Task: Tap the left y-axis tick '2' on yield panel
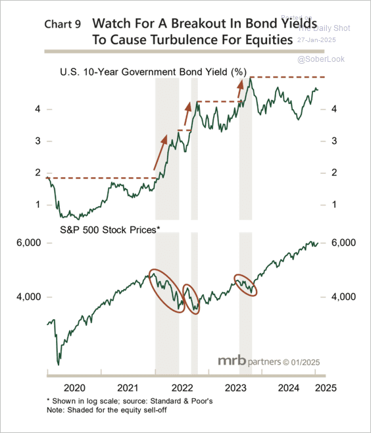coord(39,172)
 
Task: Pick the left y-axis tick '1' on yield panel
coord(39,205)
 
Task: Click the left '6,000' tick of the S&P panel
coord(29,243)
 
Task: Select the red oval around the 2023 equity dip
coord(245,284)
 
